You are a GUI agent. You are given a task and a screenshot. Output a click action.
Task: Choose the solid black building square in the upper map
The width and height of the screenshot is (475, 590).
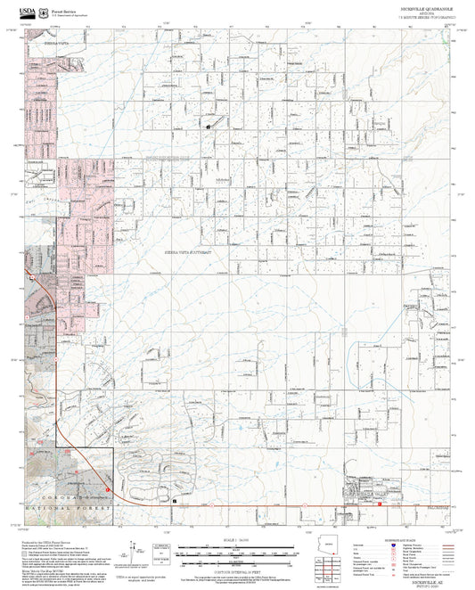(x=208, y=127)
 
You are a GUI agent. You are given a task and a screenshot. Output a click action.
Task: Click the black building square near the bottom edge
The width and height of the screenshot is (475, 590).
(x=176, y=502)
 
